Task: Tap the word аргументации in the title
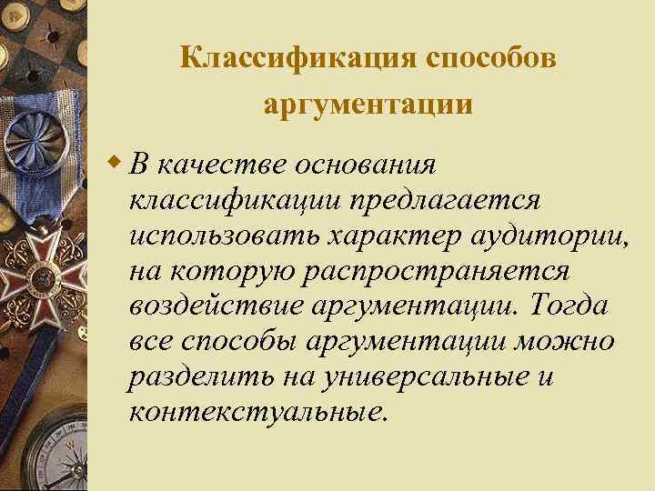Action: [368, 104]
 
